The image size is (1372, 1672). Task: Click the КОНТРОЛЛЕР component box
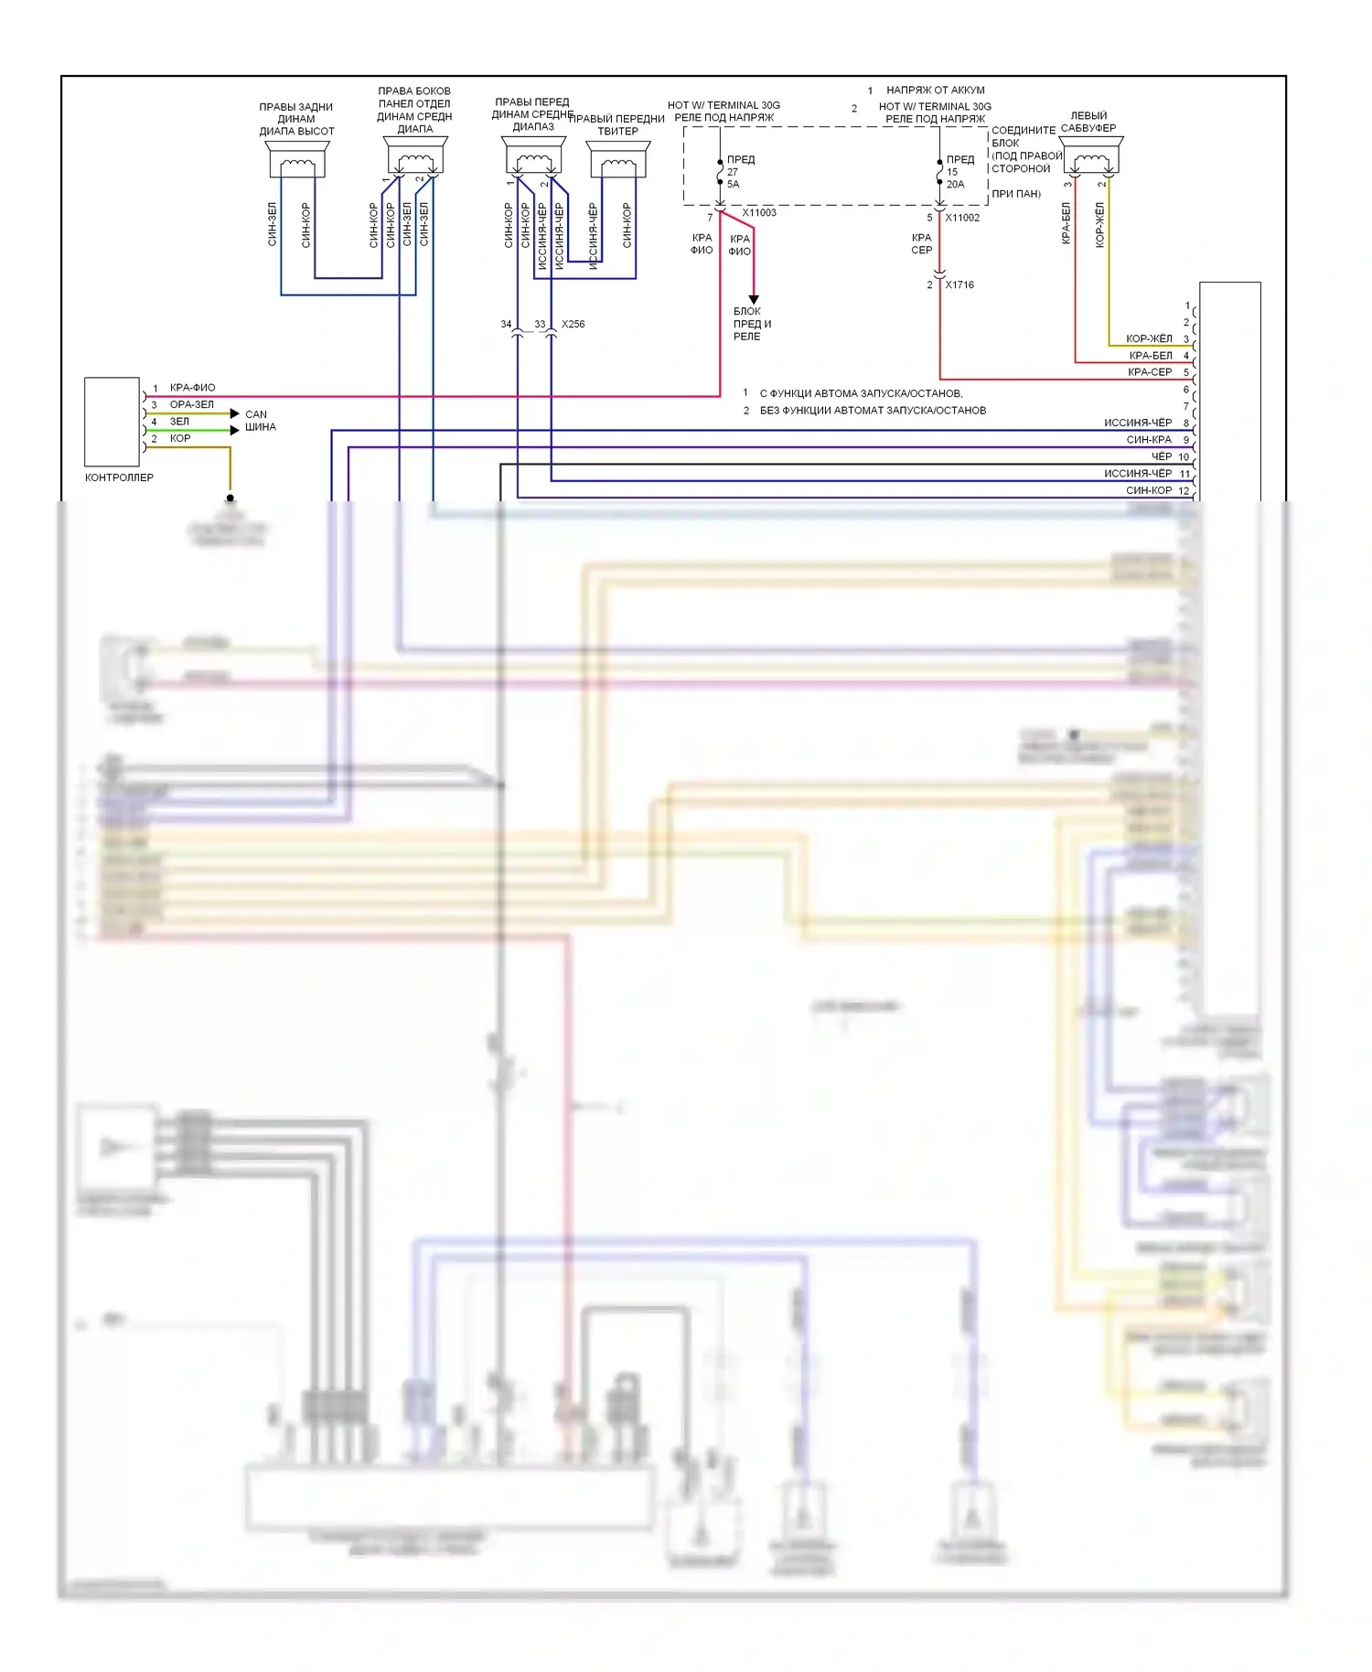pyautogui.click(x=112, y=422)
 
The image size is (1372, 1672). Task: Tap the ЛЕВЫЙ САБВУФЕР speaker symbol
pyautogui.click(x=1090, y=156)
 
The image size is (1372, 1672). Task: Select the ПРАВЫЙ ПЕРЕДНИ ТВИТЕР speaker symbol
pyautogui.click(x=619, y=159)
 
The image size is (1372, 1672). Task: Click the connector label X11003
pyautogui.click(x=759, y=213)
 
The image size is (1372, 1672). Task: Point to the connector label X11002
pyautogui.click(x=962, y=218)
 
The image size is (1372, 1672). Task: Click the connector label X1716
pyautogui.click(x=959, y=285)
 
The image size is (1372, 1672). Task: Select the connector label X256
pyautogui.click(x=573, y=325)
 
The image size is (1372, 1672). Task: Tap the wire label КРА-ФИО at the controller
pyautogui.click(x=192, y=388)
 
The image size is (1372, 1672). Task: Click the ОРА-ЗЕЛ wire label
pyautogui.click(x=191, y=404)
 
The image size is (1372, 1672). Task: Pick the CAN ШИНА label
pyautogui.click(x=260, y=421)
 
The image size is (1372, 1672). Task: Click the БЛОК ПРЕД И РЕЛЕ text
pyautogui.click(x=752, y=324)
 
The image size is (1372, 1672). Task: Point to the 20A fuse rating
pyautogui.click(x=955, y=185)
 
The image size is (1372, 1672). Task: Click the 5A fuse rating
pyautogui.click(x=734, y=185)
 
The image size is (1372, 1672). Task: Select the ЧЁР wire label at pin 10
pyautogui.click(x=1161, y=456)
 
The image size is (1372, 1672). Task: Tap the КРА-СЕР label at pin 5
pyautogui.click(x=1150, y=372)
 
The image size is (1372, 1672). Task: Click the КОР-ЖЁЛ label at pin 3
pyautogui.click(x=1149, y=338)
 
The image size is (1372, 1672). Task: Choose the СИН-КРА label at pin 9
pyautogui.click(x=1149, y=440)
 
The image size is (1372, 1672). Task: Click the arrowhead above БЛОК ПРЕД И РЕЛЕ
pyautogui.click(x=754, y=299)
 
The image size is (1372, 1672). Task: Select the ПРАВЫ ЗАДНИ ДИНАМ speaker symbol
pyautogui.click(x=297, y=159)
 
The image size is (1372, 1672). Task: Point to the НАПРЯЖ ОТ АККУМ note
pyautogui.click(x=935, y=91)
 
